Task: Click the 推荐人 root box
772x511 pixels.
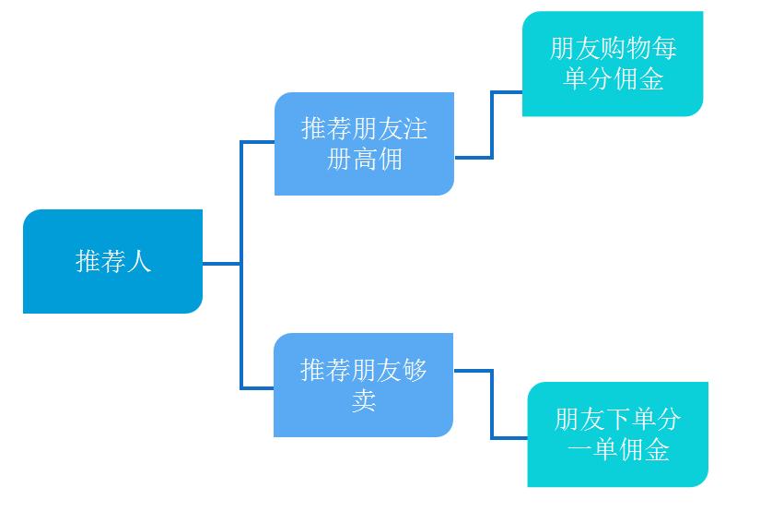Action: click(112, 262)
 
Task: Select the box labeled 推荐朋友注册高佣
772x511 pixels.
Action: click(364, 144)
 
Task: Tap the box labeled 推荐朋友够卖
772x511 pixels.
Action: click(363, 386)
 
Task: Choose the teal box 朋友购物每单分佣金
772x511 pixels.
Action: click(612, 64)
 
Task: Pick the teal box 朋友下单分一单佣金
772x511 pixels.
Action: click(617, 434)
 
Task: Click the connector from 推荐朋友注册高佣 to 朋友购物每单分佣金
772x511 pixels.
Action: click(492, 125)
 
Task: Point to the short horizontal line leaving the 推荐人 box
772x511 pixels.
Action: click(221, 264)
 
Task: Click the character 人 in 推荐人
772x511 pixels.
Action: click(138, 262)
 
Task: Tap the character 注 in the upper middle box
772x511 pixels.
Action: click(415, 129)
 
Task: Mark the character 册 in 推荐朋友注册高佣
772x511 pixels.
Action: click(339, 160)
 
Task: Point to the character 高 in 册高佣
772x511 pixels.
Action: click(365, 160)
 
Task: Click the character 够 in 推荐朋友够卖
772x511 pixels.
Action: click(415, 371)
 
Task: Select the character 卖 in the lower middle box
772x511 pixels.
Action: click(364, 401)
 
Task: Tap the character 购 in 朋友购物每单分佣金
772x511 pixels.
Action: click(612, 48)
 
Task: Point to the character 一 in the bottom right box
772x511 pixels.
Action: click(579, 451)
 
